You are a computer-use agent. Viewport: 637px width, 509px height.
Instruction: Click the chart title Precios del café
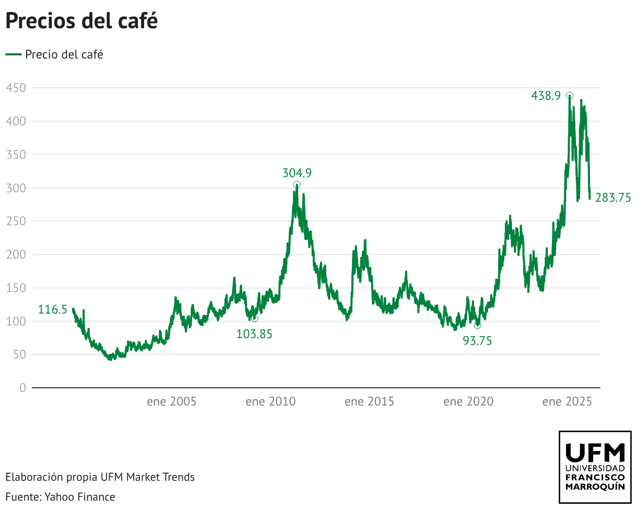coord(81,21)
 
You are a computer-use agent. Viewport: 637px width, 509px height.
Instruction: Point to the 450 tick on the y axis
coord(16,88)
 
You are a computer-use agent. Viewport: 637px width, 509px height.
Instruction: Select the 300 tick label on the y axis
coord(16,188)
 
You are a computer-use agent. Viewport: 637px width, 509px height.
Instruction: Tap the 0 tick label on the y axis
coord(22,388)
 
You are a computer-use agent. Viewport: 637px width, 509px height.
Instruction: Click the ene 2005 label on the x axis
coord(172,402)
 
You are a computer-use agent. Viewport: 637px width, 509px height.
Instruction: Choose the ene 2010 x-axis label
coord(270,402)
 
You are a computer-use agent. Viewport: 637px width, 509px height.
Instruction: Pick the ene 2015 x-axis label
coord(369,402)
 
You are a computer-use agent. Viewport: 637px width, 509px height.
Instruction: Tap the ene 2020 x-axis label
coord(468,402)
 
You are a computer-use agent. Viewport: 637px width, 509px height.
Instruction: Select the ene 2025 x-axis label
coord(567,402)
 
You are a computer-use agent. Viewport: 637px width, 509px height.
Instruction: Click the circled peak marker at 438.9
coord(570,96)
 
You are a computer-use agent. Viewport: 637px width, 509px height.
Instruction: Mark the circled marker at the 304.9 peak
coord(297,184)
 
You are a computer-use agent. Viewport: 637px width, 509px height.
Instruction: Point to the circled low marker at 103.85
coord(254,319)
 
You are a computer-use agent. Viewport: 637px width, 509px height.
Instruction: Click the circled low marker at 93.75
coord(478,325)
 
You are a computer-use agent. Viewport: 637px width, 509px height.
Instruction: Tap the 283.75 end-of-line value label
coord(613,198)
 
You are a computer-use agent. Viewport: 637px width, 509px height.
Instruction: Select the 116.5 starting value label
coord(52,310)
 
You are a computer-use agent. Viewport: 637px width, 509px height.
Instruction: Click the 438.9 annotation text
coord(546,96)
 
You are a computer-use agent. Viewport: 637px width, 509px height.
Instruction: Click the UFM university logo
coord(595,467)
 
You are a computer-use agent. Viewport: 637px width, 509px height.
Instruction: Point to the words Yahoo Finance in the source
coord(80,496)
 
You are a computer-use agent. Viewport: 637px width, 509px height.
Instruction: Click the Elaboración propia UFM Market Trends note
coord(100,477)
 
